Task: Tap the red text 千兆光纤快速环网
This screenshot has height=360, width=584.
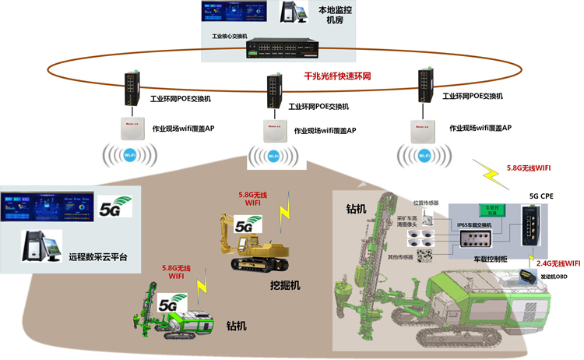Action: (336, 77)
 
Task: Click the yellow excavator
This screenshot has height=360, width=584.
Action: (257, 242)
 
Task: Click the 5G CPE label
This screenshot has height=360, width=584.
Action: (544, 196)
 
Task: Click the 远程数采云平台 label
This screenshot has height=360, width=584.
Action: (98, 256)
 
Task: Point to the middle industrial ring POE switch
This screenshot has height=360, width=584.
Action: (273, 92)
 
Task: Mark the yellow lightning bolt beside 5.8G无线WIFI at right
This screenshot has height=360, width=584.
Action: (493, 174)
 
